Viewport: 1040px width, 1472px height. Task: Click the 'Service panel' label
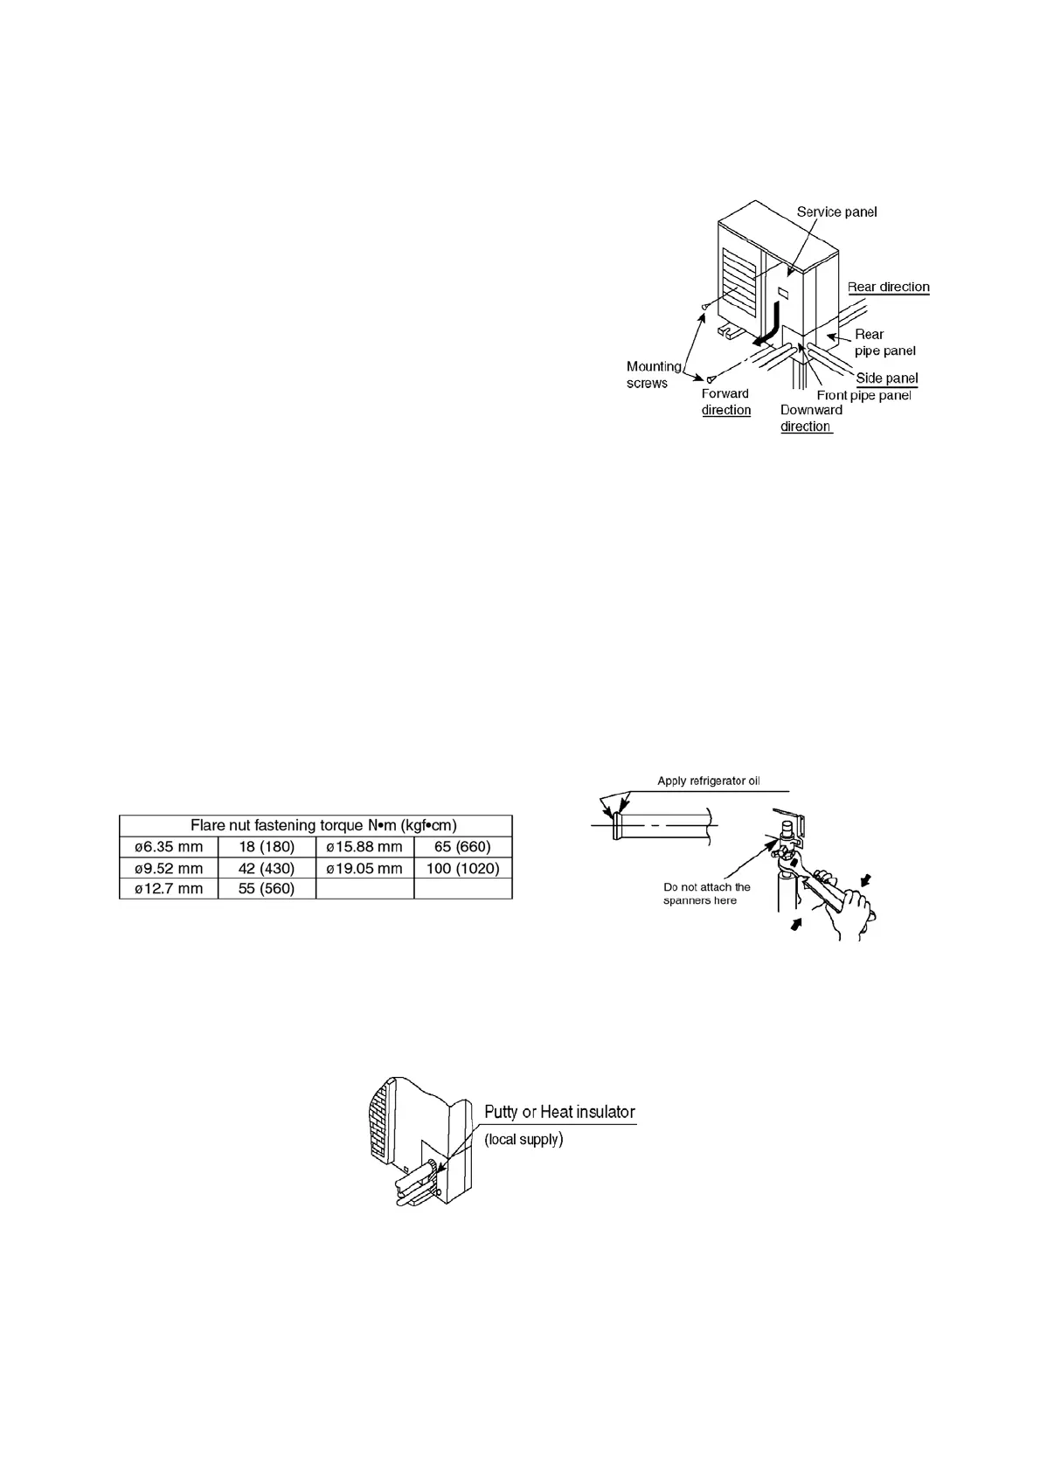836,212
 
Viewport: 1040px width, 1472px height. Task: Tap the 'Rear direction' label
888,287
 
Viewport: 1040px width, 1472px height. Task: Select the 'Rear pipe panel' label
884,342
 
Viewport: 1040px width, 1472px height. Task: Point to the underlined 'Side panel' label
886,378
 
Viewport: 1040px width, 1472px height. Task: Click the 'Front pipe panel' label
863,395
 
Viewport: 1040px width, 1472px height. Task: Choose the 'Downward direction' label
810,418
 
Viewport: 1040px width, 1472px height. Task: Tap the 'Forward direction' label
725,401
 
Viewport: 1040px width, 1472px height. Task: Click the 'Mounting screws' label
653,374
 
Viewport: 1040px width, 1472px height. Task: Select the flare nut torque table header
315,825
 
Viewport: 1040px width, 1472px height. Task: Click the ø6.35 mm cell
168,846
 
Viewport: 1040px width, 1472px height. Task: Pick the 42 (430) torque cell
267,868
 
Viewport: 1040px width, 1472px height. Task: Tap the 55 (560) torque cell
267,889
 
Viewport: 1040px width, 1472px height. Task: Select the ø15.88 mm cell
364,846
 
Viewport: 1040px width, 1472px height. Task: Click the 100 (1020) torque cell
462,868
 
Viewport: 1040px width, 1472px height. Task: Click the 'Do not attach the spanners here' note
706,893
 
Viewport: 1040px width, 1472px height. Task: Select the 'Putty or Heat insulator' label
559,1112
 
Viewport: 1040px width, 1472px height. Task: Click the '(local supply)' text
523,1139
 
